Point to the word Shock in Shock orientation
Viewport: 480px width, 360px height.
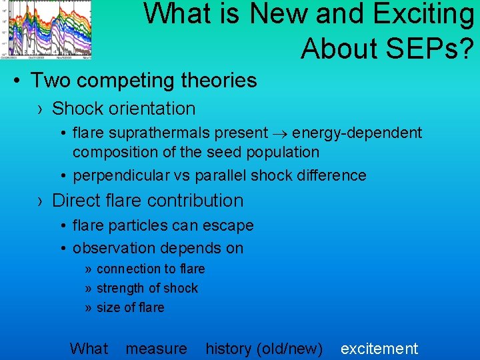(x=75, y=109)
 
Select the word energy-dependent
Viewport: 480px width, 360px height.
(x=357, y=133)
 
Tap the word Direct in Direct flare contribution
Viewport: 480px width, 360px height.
(x=75, y=201)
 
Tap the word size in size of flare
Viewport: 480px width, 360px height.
(x=108, y=308)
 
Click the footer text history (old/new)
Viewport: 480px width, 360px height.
(x=264, y=349)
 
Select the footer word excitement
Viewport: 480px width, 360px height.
(x=379, y=349)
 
